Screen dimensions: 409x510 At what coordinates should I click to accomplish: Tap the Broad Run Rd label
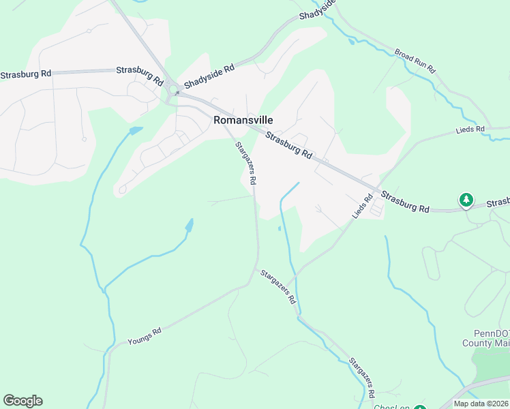click(x=415, y=61)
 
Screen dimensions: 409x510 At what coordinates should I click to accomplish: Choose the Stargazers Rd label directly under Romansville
click(x=245, y=164)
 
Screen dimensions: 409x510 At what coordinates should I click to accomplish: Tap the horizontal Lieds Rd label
click(x=470, y=128)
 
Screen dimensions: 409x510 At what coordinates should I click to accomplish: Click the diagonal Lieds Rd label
click(x=363, y=207)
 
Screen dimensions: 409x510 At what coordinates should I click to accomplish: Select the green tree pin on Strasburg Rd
click(x=466, y=200)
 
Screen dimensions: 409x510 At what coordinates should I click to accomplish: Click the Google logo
click(x=22, y=401)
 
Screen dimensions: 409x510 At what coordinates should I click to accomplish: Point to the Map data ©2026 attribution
click(x=481, y=404)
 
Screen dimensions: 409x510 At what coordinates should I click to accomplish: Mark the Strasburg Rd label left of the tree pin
click(x=406, y=200)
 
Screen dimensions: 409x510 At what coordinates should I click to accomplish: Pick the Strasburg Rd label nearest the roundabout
click(x=140, y=74)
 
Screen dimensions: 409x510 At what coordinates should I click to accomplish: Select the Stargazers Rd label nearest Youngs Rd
click(x=278, y=286)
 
